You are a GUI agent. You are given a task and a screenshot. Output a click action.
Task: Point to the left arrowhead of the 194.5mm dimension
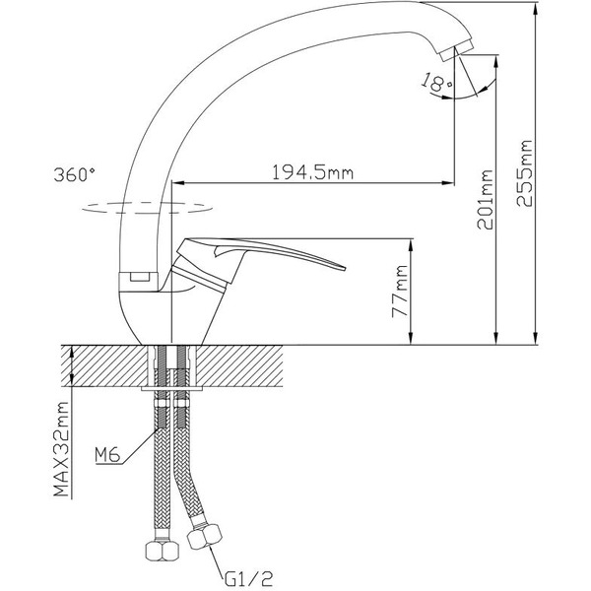pyautogui.click(x=178, y=183)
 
